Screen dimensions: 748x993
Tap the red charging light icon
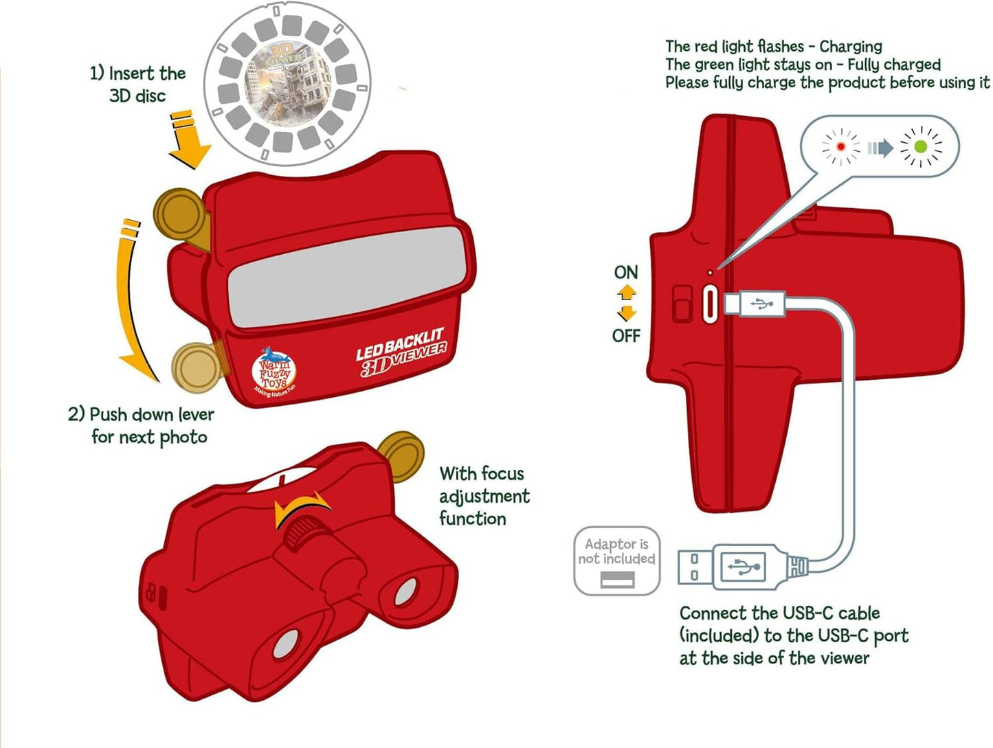(840, 146)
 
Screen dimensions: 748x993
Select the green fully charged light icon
(921, 147)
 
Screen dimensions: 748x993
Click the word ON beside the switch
(625, 273)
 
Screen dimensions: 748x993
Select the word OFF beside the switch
(625, 336)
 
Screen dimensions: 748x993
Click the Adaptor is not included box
(616, 560)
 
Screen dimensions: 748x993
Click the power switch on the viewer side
(682, 304)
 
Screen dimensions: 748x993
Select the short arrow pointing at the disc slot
(188, 140)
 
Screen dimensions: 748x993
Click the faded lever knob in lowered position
(197, 367)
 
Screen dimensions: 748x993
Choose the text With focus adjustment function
(483, 496)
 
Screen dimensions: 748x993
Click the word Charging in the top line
(850, 47)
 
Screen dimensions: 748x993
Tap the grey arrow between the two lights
(880, 148)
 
